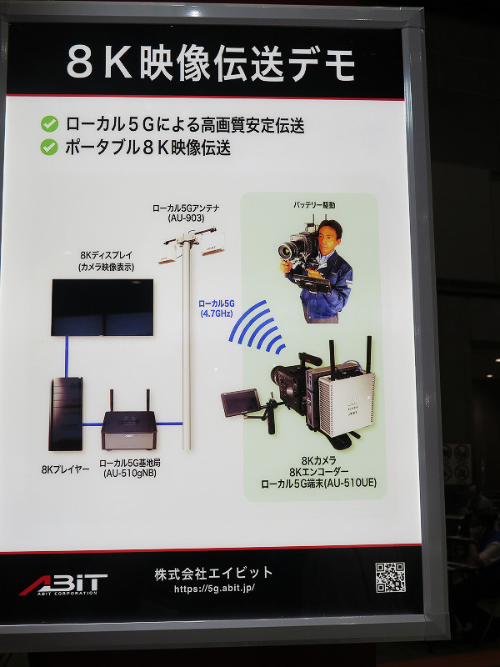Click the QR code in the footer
coord(390,577)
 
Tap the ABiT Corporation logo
coord(63,584)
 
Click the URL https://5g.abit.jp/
coord(214,589)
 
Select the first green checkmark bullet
coord(49,124)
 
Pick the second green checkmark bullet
coord(49,148)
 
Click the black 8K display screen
coord(102,308)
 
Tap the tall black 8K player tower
coord(66,414)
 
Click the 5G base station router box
coord(129,429)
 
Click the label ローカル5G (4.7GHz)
coord(217,308)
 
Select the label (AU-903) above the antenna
coord(186,218)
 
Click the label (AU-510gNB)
coord(130,473)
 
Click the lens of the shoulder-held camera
coord(287,251)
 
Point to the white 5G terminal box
coord(347,404)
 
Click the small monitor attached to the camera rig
coord(241,403)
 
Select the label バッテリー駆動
coord(314,205)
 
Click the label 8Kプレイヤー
coord(66,469)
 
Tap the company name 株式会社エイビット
coord(213,573)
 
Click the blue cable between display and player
coord(67,357)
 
